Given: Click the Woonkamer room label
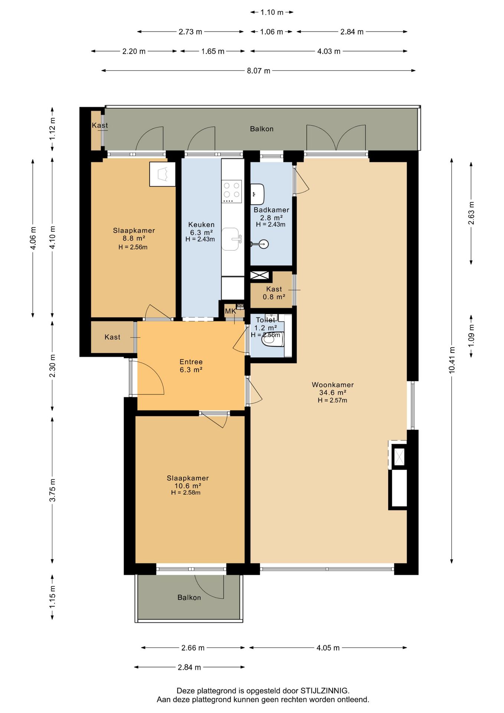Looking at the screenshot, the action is click(333, 385).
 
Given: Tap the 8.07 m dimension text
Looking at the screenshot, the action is click(259, 71).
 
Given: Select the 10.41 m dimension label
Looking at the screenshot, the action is click(452, 360).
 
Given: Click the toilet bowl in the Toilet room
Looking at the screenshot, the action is click(273, 339).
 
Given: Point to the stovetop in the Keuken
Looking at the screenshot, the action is click(232, 191).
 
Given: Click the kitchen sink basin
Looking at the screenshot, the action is click(230, 239).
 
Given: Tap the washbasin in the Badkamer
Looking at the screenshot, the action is click(257, 194).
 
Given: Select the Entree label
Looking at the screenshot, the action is click(191, 362).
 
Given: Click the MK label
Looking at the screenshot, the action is click(230, 311).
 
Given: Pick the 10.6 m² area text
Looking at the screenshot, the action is click(188, 486).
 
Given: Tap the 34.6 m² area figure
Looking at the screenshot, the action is click(333, 393).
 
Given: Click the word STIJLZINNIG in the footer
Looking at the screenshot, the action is click(325, 691).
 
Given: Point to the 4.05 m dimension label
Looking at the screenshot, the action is click(328, 648).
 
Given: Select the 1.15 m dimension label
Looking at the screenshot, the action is click(52, 597).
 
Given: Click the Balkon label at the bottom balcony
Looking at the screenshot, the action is click(189, 598).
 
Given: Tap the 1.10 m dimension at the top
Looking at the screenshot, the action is click(272, 12).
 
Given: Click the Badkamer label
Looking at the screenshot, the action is click(271, 210).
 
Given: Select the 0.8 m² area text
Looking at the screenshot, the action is click(274, 297).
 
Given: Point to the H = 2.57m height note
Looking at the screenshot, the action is click(333, 400).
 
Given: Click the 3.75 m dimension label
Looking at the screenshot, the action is click(52, 490).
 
